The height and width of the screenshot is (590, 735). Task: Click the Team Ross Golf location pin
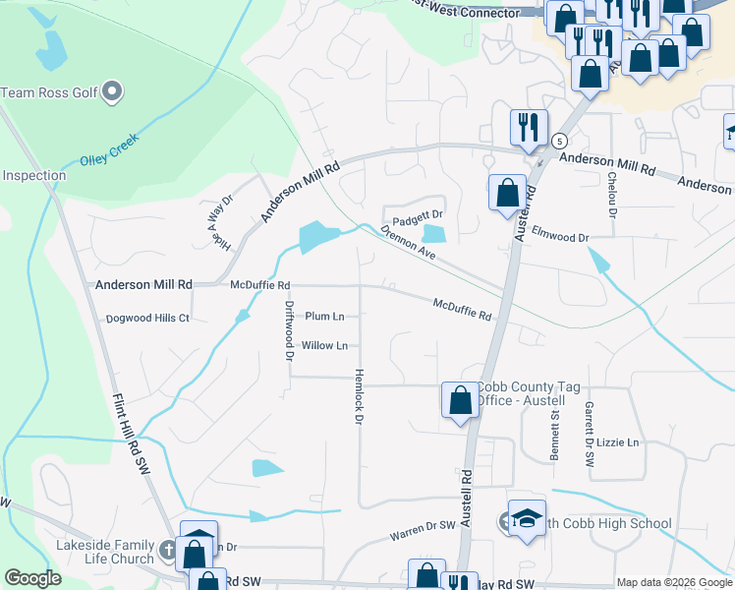coord(112,93)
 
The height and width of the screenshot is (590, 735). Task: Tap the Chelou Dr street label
coord(612,187)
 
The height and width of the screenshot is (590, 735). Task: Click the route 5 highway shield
coord(558,140)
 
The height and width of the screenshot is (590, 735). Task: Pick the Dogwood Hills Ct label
coord(147,319)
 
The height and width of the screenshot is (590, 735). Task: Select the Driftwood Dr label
coord(290,331)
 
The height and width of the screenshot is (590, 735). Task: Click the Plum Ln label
coord(324,317)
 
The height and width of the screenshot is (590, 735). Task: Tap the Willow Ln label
coord(324,346)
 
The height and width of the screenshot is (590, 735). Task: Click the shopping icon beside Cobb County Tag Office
coord(460,401)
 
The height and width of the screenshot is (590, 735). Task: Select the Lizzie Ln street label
coord(619,443)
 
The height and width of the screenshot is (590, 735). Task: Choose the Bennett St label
coord(554,431)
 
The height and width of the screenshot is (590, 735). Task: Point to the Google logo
coord(33,579)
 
